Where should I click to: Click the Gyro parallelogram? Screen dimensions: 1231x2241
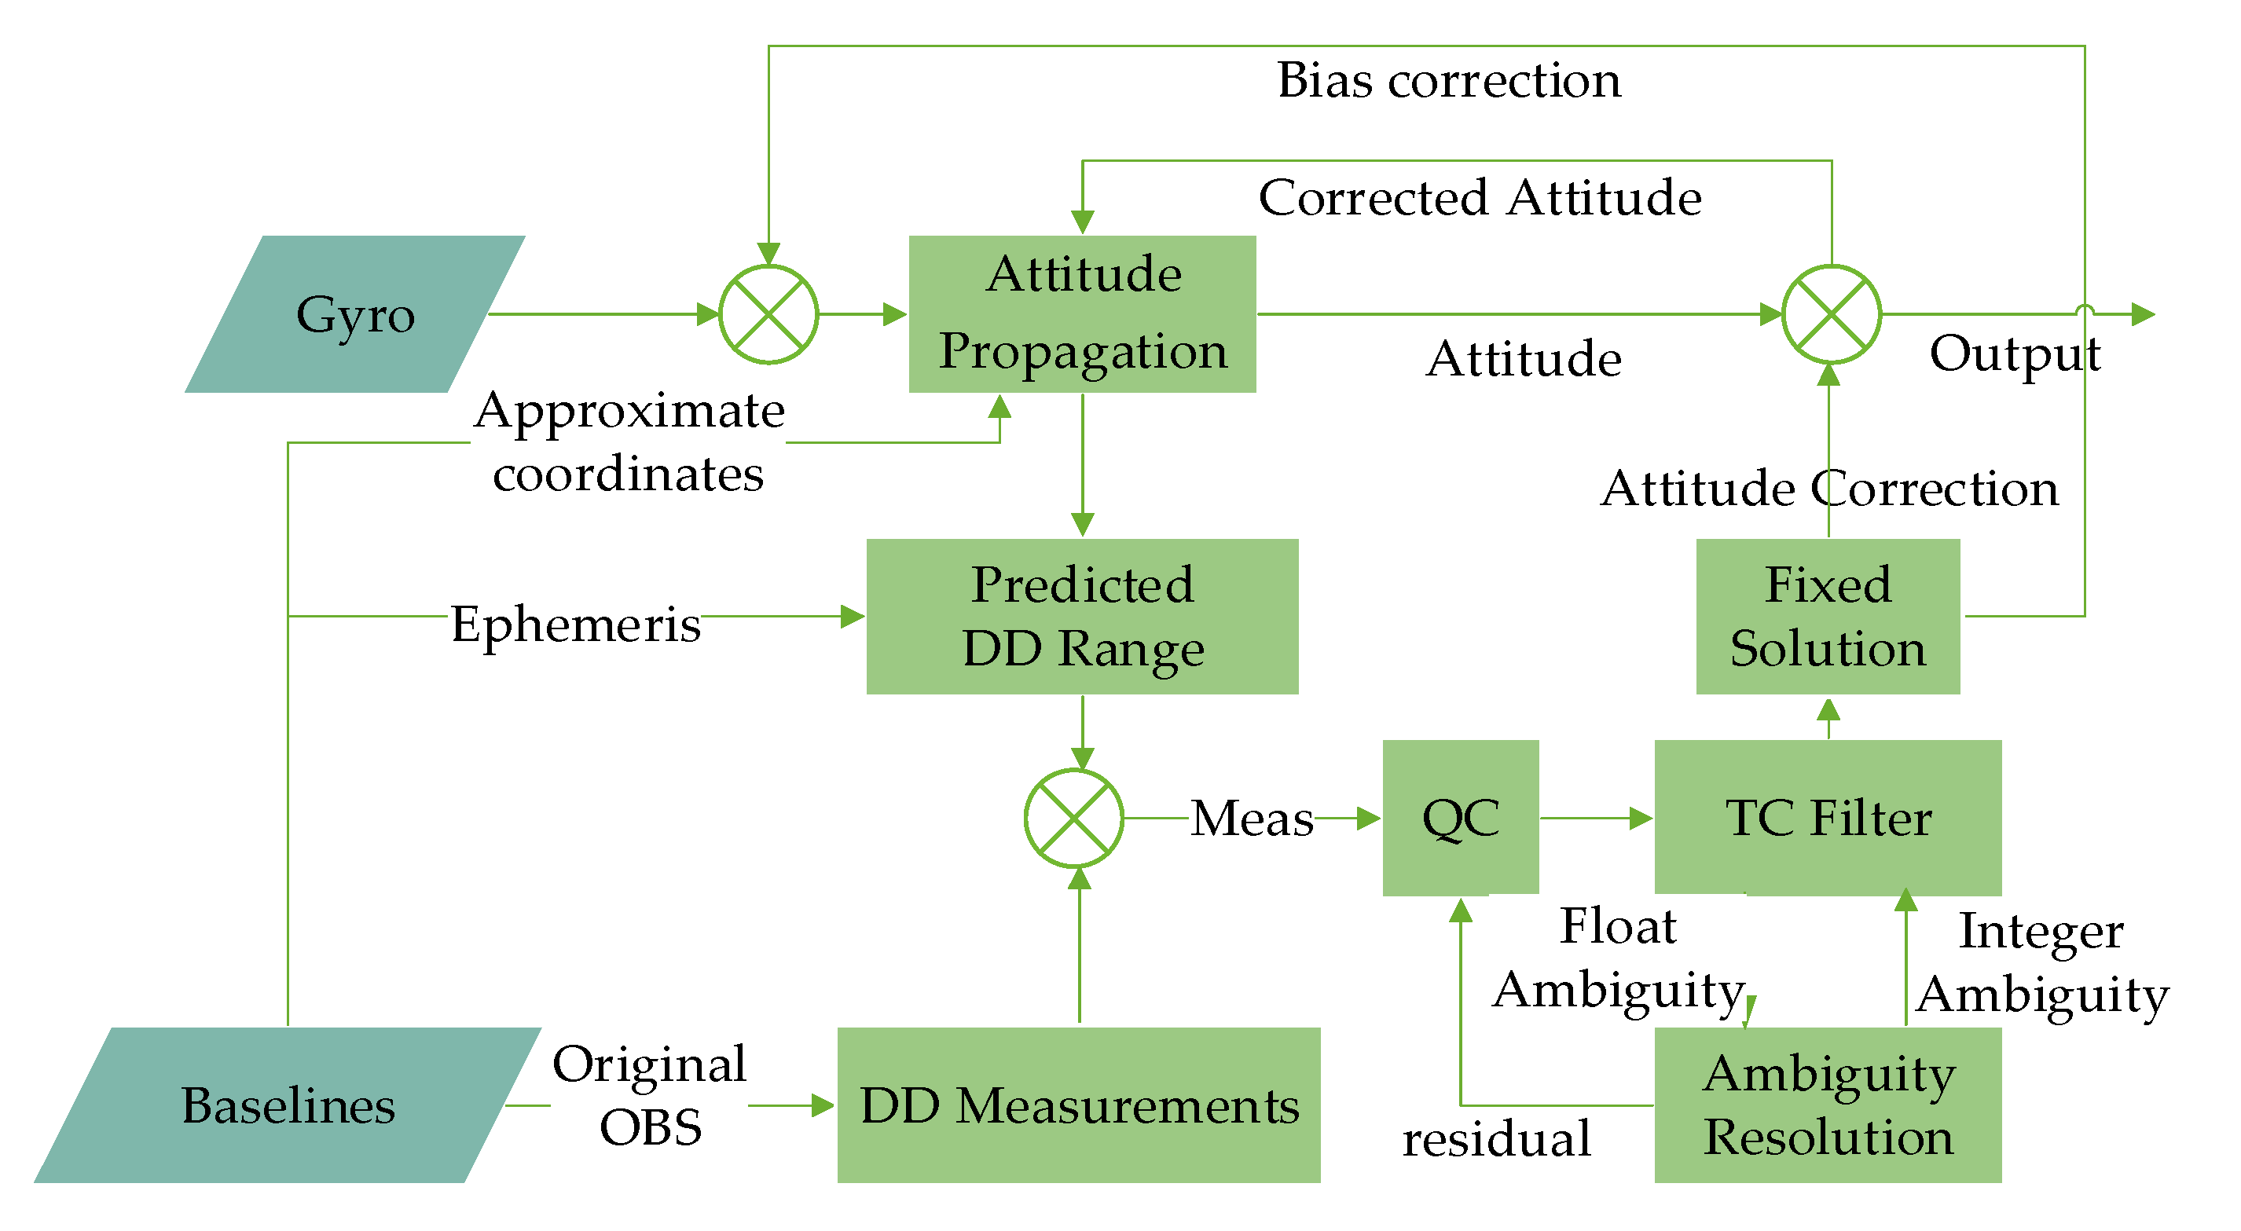pos(355,314)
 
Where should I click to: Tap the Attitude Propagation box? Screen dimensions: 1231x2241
pos(1082,314)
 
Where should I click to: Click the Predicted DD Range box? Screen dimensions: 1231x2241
pos(1082,616)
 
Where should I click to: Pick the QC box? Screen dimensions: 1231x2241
pos(1461,818)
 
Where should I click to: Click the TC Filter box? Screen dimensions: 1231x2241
pos(1828,818)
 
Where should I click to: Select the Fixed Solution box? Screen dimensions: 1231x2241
pos(1828,616)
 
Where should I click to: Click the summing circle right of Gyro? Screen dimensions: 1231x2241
pos(768,314)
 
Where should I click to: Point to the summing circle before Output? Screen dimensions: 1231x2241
pos(1832,314)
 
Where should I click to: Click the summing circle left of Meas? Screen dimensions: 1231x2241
pos(1073,818)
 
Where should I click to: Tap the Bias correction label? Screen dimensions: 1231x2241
pos(1448,80)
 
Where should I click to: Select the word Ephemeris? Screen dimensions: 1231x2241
pos(575,625)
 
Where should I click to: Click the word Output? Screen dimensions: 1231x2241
pos(2014,354)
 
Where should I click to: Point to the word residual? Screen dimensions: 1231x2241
pos(1496,1138)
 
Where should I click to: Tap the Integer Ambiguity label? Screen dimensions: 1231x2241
pos(2041,963)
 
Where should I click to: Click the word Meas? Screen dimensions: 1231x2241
pos(1251,819)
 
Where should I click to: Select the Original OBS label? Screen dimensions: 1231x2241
pos(649,1095)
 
